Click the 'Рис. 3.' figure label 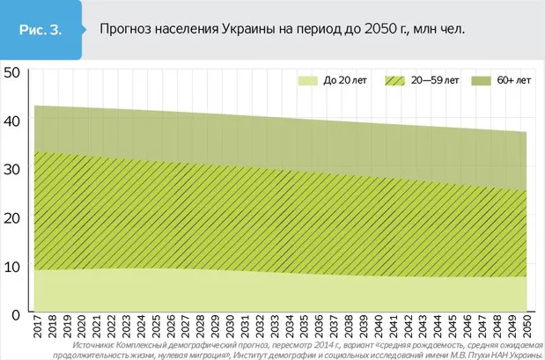[x=41, y=29]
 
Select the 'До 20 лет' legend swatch [x=306, y=80]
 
